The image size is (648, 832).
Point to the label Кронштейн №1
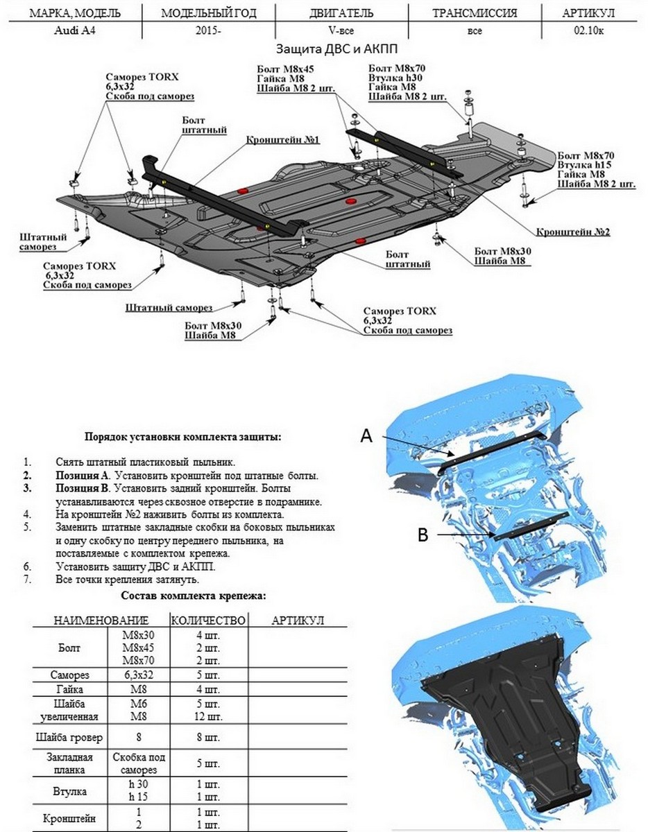pos(281,139)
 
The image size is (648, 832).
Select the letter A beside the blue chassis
pos(367,435)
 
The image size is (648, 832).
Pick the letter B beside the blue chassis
pos(422,534)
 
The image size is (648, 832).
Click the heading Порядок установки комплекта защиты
pos(183,437)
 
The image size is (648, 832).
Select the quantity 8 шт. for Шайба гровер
pos(208,736)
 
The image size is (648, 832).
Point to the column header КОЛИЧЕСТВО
pos(208,620)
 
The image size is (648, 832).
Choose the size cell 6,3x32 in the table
pos(137,675)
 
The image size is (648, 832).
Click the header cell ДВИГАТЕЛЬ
pos(341,12)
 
